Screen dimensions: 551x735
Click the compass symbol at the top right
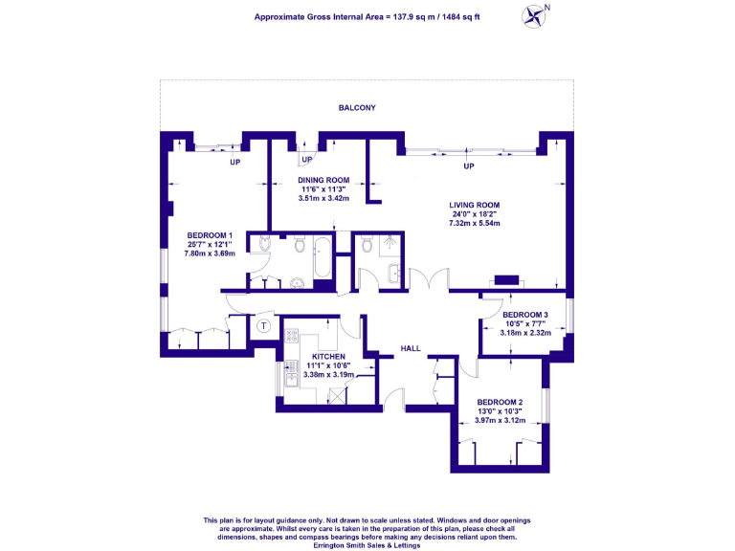tap(535, 15)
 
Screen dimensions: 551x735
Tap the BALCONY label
tap(356, 108)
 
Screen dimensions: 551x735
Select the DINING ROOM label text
tap(323, 180)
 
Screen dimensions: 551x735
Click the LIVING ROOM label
tap(476, 205)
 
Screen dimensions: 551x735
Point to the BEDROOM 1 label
tap(210, 236)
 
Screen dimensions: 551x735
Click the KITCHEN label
tap(328, 356)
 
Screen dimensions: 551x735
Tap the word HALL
tap(410, 348)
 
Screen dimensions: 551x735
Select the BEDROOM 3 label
tap(525, 315)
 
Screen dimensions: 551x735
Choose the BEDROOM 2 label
tap(499, 401)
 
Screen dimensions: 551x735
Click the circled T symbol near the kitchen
tap(264, 326)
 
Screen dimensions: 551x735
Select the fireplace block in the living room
tap(504, 280)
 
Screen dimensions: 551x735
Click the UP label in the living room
tap(469, 166)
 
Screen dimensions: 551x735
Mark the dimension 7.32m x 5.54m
tap(476, 223)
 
